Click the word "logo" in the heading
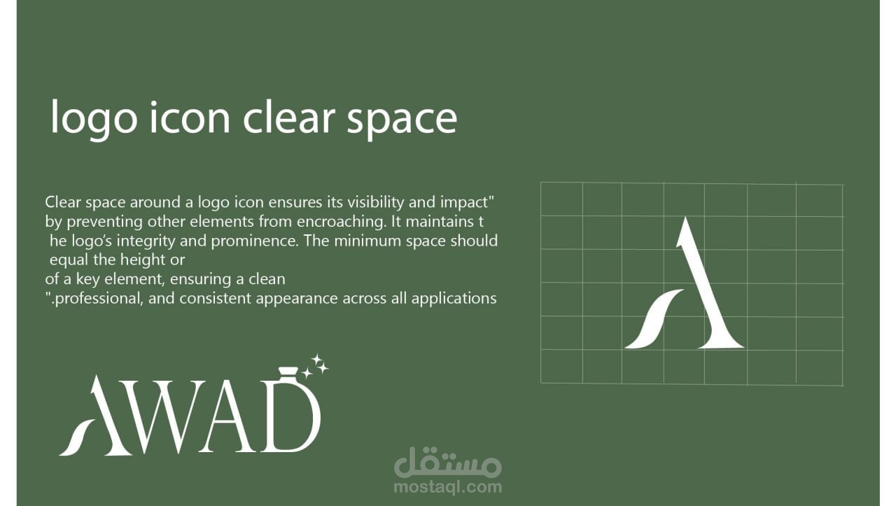click(x=94, y=120)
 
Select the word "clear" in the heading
click(x=289, y=116)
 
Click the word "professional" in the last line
click(x=99, y=299)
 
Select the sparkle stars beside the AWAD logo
click(x=315, y=366)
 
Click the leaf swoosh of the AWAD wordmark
click(x=77, y=438)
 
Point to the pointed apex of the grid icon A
click(x=685, y=218)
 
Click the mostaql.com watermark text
click(x=447, y=487)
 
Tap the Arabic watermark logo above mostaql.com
click(x=447, y=463)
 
